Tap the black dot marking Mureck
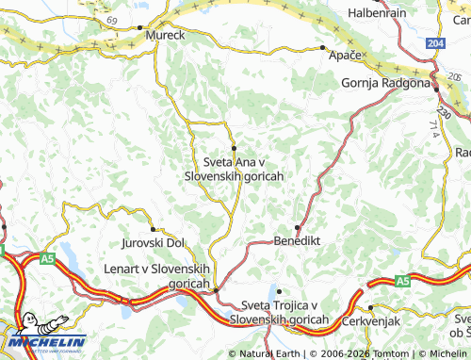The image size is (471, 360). (140, 28)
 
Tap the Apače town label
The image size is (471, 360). (346, 57)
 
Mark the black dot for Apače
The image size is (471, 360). (323, 47)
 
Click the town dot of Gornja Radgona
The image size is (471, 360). (433, 83)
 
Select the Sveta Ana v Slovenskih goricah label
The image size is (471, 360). (234, 169)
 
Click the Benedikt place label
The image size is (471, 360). (297, 240)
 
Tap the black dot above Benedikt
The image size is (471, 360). (298, 227)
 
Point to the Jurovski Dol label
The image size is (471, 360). (154, 243)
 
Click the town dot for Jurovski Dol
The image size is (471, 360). (154, 230)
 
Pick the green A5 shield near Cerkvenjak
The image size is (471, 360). (402, 281)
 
